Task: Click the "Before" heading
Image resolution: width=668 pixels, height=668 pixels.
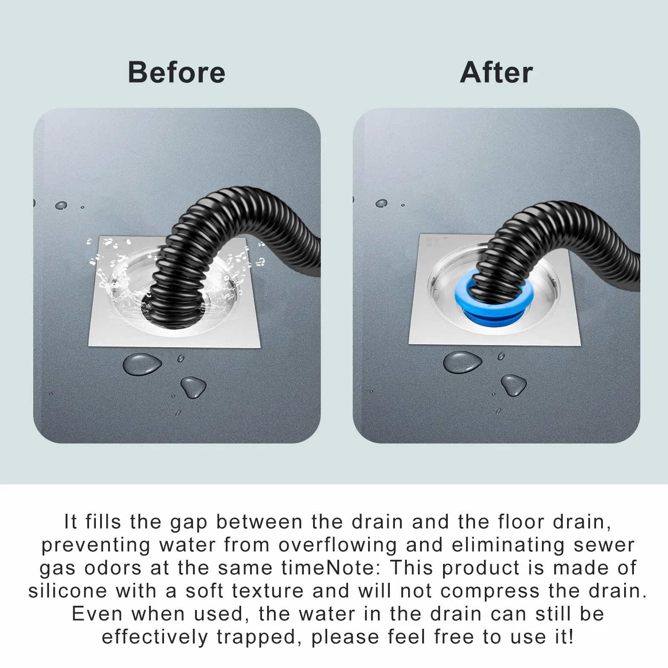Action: coord(176,72)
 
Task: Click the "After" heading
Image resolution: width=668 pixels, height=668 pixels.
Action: coord(496,72)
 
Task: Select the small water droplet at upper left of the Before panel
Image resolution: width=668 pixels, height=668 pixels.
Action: coord(61,205)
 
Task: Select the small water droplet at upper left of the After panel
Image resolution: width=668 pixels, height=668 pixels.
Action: coord(381,203)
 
